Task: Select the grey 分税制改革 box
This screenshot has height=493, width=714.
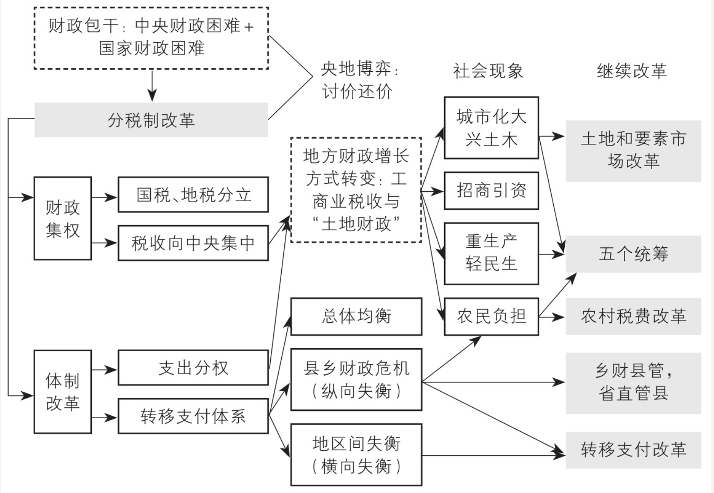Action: point(151,120)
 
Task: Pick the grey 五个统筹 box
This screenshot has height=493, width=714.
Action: point(633,254)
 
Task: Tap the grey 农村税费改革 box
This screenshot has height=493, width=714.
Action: point(633,316)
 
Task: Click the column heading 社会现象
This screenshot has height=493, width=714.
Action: point(488,71)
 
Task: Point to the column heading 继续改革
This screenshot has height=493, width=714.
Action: point(632,71)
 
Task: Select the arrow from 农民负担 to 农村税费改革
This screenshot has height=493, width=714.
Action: point(552,317)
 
